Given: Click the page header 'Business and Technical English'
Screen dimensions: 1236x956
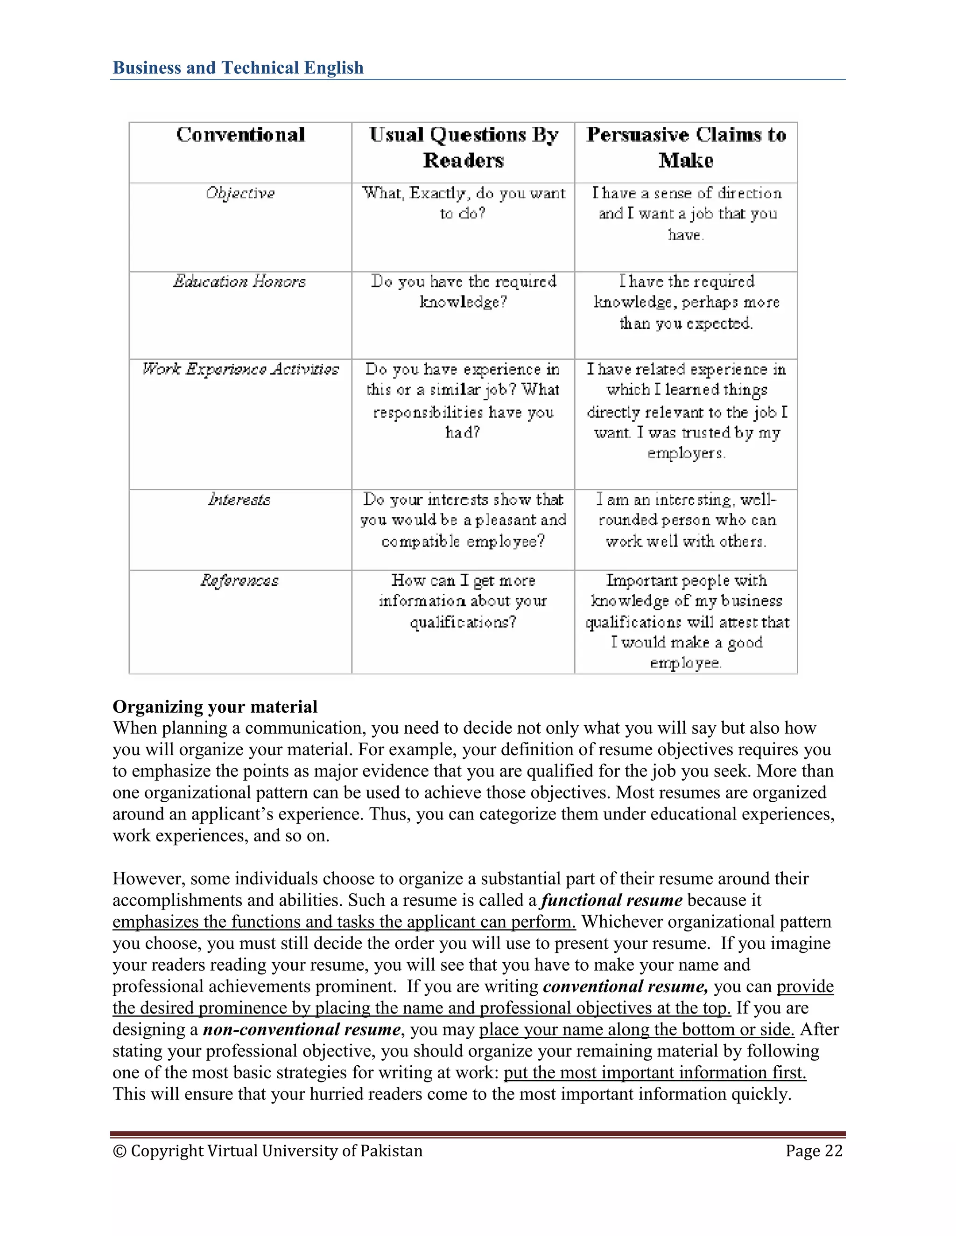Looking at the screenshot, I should (238, 68).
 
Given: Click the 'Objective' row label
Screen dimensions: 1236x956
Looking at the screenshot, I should (240, 194).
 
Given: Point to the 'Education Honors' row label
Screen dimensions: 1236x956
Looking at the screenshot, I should (239, 282).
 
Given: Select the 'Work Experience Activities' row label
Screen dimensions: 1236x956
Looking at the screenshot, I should (240, 369).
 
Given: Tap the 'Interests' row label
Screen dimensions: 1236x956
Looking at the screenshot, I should (239, 500).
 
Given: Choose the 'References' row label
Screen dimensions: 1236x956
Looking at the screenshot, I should (239, 581).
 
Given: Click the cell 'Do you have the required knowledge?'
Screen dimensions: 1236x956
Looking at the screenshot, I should (463, 292).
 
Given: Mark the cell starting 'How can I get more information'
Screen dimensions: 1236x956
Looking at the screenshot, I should (463, 601).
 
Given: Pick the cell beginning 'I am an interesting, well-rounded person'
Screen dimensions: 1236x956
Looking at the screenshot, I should (686, 520).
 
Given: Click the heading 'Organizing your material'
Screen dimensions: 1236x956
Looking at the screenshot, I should (215, 707).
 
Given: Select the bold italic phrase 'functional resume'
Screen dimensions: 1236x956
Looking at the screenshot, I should (612, 900).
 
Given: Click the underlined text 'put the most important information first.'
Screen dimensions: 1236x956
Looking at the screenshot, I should (655, 1072).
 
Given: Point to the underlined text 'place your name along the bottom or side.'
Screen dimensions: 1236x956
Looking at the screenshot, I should (637, 1029).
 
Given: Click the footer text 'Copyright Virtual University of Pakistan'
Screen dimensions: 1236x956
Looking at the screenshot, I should (276, 1151).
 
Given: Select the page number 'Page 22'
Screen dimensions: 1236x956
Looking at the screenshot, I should (814, 1151).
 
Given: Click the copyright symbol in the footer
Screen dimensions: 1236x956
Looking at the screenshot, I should (119, 1152).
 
